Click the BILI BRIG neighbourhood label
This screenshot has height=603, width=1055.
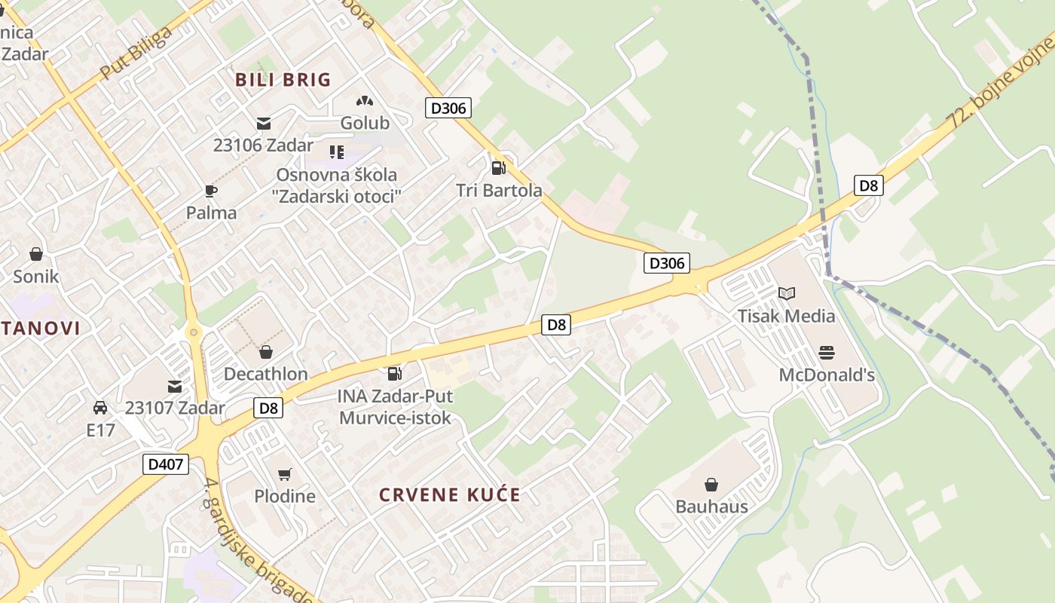point(283,79)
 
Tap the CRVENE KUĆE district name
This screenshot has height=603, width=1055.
point(450,494)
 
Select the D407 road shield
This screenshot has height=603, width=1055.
point(165,464)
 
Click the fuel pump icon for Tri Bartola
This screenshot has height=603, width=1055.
point(497,167)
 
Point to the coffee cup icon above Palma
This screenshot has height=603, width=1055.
point(211,191)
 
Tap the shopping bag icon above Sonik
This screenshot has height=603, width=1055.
point(35,254)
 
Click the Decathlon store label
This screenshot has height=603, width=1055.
point(266,374)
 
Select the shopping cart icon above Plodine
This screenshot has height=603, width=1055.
point(284,474)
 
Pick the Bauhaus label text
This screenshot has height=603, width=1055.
point(711,506)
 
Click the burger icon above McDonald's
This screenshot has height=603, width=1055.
point(827,352)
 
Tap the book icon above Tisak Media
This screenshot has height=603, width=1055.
point(787,293)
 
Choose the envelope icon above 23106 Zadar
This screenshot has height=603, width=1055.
point(263,124)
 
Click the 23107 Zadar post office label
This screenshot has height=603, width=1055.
point(175,408)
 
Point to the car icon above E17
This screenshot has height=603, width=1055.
point(100,408)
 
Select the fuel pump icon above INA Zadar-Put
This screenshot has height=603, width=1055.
point(394,373)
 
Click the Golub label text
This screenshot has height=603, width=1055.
point(365,122)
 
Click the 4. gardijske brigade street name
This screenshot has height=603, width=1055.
point(255,541)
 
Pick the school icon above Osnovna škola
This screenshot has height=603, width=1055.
point(336,152)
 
